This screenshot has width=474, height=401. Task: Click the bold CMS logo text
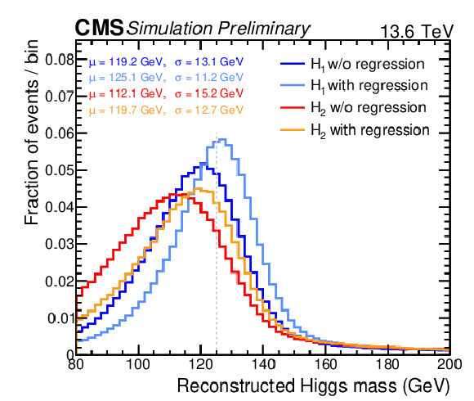click(x=99, y=27)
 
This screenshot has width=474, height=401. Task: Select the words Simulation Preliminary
click(x=218, y=29)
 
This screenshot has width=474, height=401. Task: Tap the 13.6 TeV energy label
click(x=417, y=31)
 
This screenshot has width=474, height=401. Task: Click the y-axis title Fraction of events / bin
click(x=31, y=132)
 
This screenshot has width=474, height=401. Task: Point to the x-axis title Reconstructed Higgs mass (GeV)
click(x=313, y=386)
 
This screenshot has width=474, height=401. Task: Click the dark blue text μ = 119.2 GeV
click(x=127, y=62)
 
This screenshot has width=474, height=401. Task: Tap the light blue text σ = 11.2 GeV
click(x=209, y=78)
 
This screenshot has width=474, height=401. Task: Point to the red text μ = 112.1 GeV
click(x=127, y=93)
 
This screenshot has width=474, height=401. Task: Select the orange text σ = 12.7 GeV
click(x=209, y=110)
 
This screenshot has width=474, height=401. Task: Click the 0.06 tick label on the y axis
click(x=60, y=133)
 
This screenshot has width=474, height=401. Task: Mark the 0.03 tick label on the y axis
click(x=60, y=244)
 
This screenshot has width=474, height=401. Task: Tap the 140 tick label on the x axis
click(x=263, y=364)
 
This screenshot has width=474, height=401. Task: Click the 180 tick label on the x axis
click(x=388, y=364)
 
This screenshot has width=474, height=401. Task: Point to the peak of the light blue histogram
click(x=222, y=139)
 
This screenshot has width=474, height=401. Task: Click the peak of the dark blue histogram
click(x=203, y=163)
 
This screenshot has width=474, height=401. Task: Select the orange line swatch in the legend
click(x=293, y=130)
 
